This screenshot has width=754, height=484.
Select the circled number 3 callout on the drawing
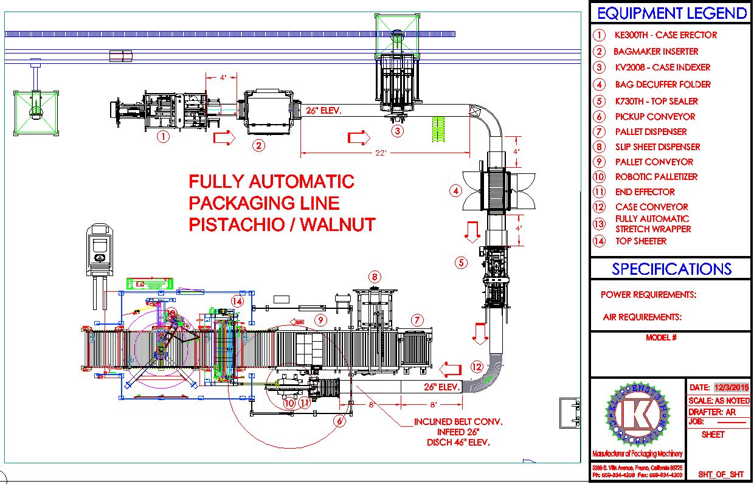pos(397,130)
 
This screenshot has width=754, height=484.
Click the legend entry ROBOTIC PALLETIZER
pos(656,177)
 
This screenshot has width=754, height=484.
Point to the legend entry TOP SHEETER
pos(640,241)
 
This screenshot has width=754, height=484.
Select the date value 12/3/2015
pos(732,387)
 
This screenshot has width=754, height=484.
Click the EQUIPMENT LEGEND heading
pos(671,13)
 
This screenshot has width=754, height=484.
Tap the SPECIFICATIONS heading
pos(671,269)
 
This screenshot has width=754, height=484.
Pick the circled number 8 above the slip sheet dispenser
pos(375,277)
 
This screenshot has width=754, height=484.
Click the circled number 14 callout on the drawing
pos(238,300)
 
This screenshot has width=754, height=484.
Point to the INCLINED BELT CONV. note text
pos(458,421)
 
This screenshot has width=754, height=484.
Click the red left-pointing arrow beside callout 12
pos(451,368)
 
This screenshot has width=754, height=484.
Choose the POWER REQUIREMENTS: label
pos(648,295)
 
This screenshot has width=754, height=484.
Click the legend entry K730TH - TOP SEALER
pos(656,102)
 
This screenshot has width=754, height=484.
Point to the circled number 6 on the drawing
pos(339,420)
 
